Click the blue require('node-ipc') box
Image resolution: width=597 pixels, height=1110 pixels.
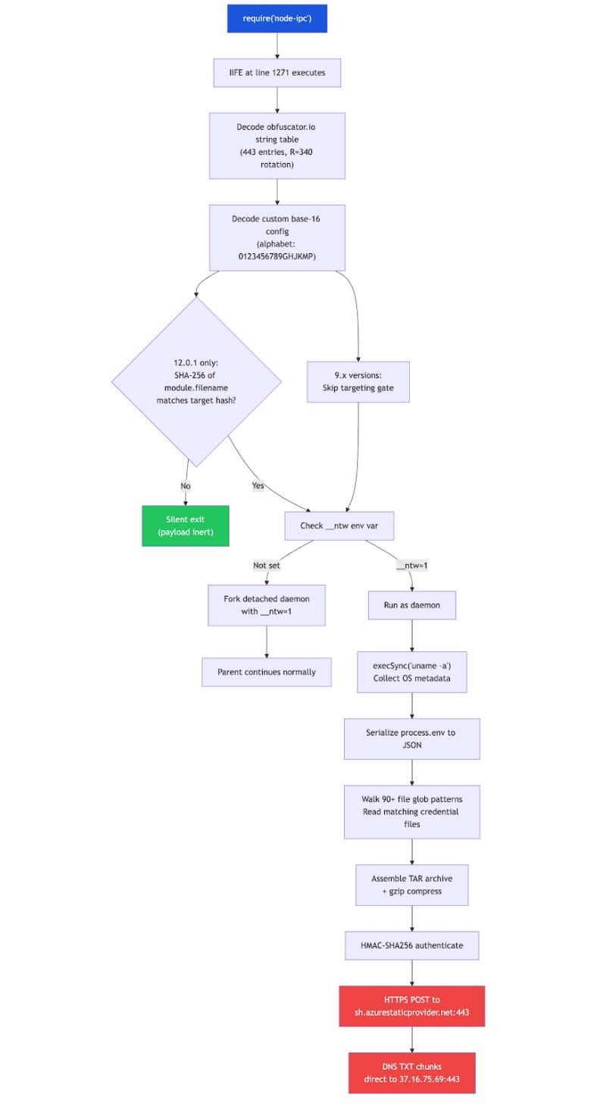(277, 18)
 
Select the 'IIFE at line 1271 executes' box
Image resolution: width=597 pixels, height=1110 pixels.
(277, 73)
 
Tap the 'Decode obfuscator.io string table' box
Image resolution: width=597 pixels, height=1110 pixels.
(277, 146)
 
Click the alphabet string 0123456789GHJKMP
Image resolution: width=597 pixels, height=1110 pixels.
(277, 256)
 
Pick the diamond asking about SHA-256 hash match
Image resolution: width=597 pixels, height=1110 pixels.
(196, 381)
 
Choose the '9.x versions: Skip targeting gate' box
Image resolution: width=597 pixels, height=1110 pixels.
(358, 381)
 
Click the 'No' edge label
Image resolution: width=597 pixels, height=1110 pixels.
(186, 486)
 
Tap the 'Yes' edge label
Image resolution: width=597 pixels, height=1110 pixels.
(258, 485)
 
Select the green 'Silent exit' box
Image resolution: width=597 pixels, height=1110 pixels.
(185, 525)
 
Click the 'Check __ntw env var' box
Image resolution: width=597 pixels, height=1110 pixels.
(339, 525)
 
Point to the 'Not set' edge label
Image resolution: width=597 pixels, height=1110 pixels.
(267, 566)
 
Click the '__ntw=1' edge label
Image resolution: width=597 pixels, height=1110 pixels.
(412, 566)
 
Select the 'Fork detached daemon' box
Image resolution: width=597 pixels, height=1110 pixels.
(267, 605)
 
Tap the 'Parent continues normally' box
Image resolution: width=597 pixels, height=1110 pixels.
(267, 672)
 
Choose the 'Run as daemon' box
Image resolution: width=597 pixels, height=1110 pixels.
(412, 605)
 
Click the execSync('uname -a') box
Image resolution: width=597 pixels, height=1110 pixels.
(412, 672)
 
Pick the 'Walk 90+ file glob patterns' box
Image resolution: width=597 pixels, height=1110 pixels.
(412, 812)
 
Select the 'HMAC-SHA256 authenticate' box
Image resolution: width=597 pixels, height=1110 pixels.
(412, 945)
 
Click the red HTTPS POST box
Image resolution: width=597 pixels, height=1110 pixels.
(412, 1006)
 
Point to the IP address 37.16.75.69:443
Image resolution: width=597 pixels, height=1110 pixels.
(430, 1079)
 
